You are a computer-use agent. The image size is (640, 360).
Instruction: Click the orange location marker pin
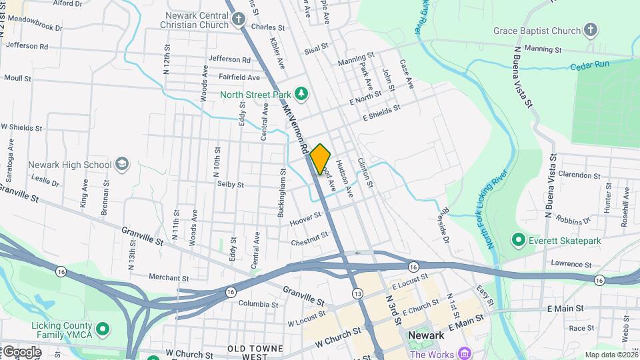click(320, 159)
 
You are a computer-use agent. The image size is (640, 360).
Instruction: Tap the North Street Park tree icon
click(301, 94)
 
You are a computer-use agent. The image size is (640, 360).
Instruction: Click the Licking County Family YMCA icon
click(103, 329)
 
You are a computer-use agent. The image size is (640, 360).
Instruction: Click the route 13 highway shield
click(358, 293)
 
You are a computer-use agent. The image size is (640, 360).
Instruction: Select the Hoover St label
click(306, 218)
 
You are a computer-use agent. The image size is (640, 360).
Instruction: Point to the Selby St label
click(230, 184)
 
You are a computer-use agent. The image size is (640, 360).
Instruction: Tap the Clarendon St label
click(579, 175)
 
